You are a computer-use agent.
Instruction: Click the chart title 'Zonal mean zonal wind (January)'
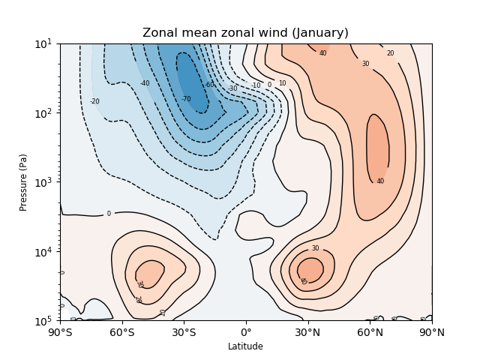click(x=245, y=33)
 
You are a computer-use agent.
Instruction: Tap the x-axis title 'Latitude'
click(x=245, y=346)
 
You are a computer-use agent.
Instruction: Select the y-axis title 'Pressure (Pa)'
click(x=23, y=182)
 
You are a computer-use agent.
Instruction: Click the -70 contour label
click(x=186, y=99)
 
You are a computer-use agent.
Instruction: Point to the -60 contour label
click(x=208, y=85)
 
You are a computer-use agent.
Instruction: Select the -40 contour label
click(x=145, y=83)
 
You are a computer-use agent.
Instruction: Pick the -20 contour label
click(x=94, y=101)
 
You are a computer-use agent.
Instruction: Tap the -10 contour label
click(x=256, y=85)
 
